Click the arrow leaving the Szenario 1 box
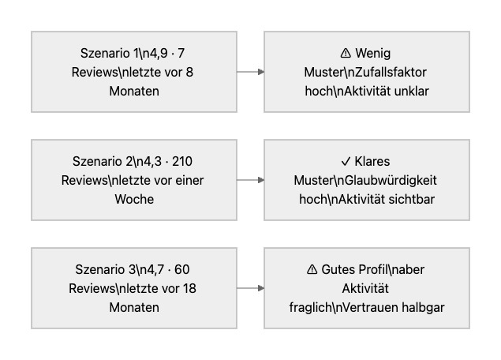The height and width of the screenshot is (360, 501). (x=250, y=72)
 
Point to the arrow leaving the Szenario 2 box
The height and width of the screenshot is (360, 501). (x=250, y=180)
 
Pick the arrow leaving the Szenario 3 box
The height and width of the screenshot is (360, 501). (x=250, y=288)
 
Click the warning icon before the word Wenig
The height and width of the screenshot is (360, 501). (x=345, y=54)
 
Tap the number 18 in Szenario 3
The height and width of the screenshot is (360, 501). (x=189, y=289)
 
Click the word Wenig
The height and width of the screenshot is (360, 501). (x=373, y=54)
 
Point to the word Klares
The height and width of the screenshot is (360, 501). (x=378, y=162)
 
